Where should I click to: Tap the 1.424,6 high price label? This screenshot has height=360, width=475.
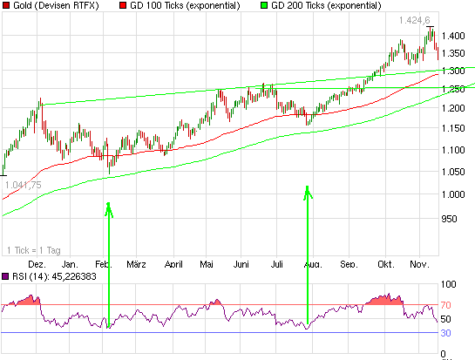point(414,19)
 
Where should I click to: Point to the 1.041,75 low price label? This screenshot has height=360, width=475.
point(24,185)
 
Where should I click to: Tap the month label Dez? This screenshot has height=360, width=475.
point(37,263)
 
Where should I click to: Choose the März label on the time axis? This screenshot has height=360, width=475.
point(135,263)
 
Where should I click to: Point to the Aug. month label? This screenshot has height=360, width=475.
point(312,263)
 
